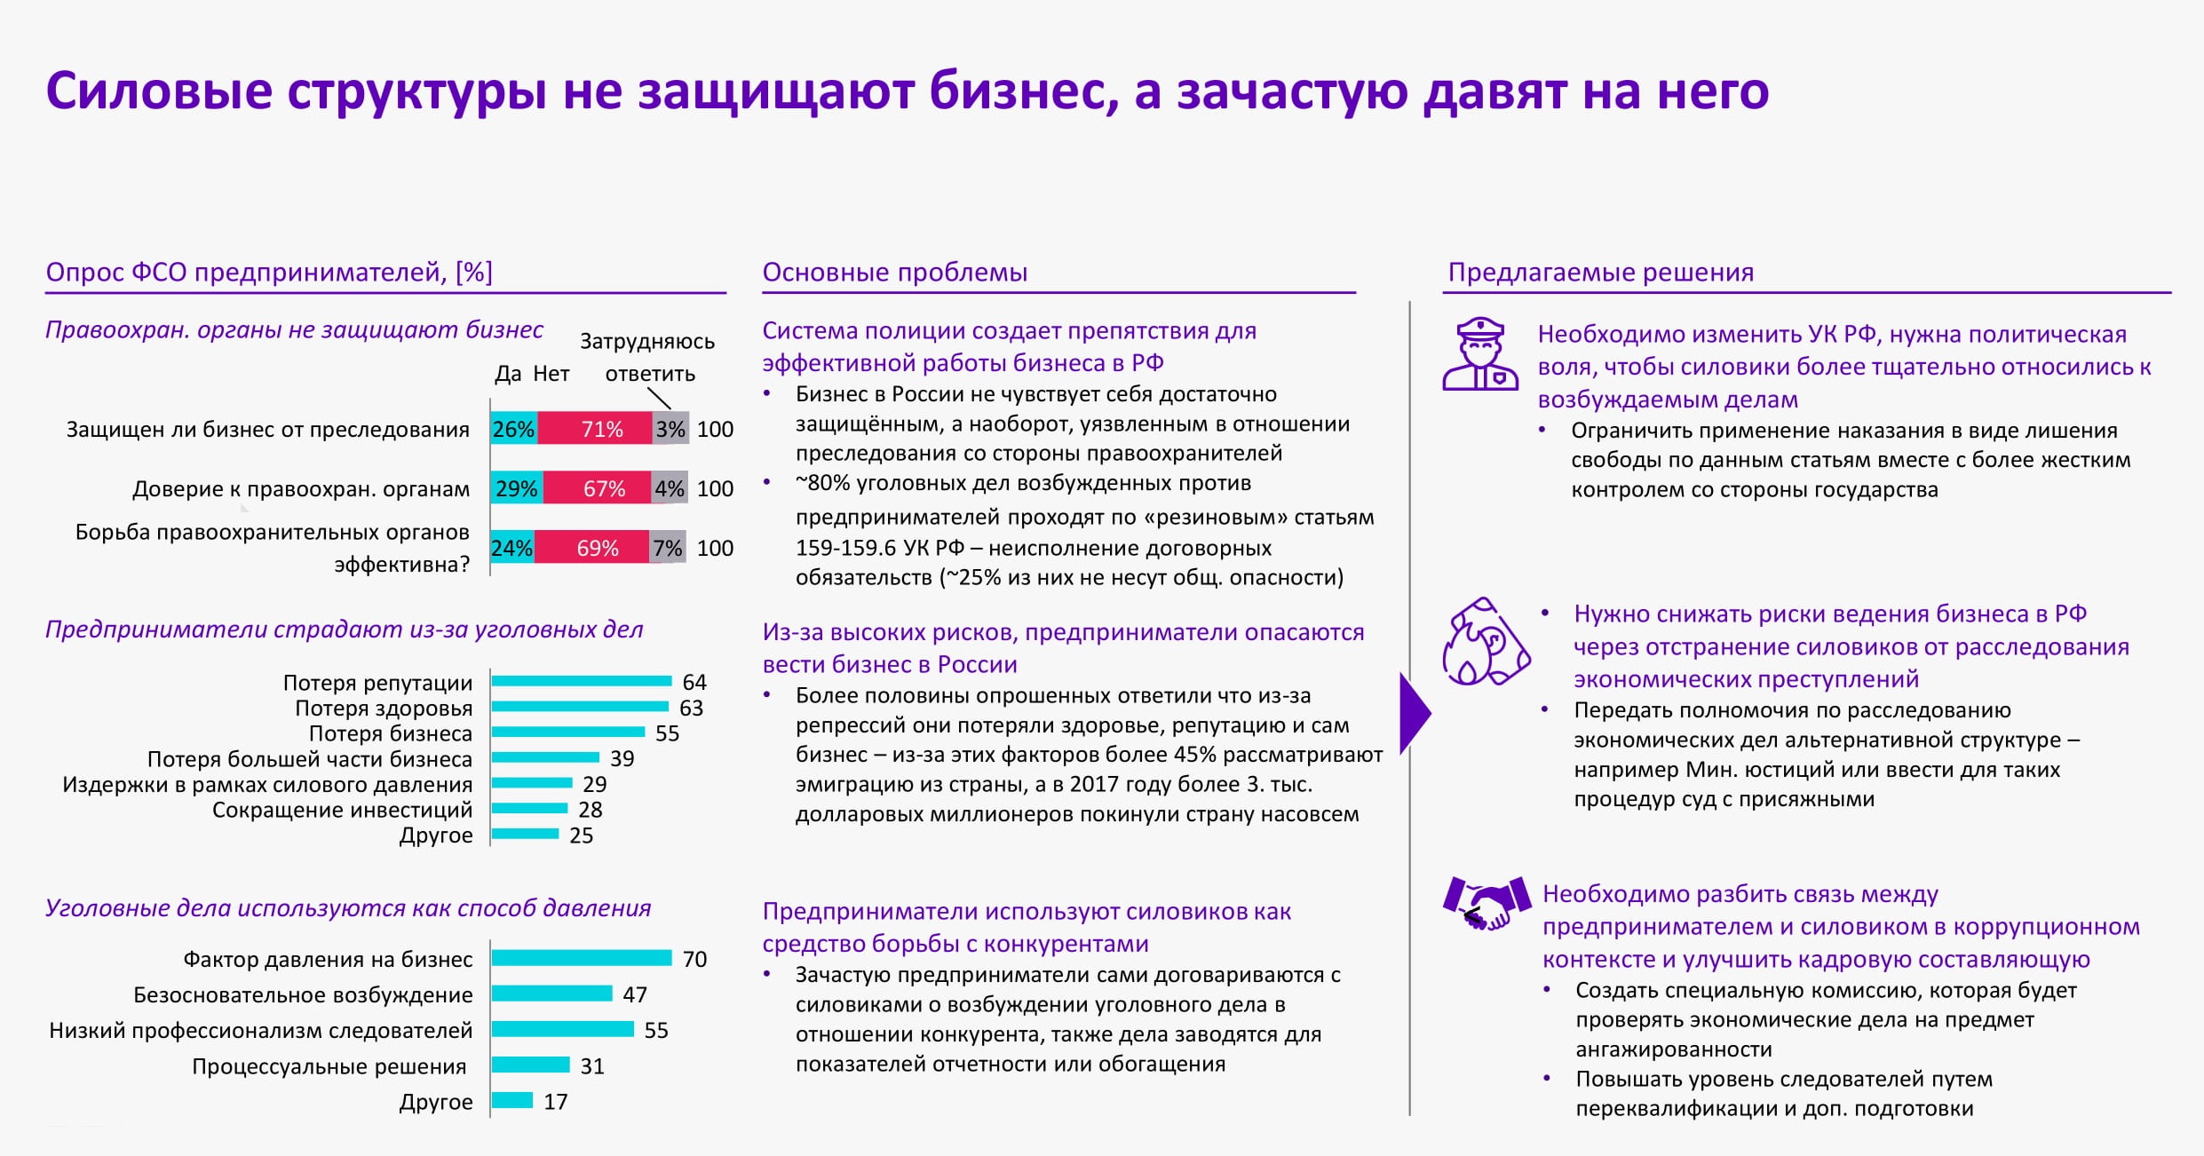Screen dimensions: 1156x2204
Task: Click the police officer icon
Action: tap(1480, 354)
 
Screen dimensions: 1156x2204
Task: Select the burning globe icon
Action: tap(1486, 641)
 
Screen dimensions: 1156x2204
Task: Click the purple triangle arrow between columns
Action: tap(1414, 713)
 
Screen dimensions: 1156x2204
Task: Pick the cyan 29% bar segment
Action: tap(517, 488)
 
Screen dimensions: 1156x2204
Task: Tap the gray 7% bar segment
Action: tap(668, 548)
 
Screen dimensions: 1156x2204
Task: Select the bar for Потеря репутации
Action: tap(582, 681)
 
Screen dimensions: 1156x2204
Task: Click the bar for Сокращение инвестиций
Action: tap(529, 808)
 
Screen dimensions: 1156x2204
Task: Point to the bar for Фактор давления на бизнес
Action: tap(582, 958)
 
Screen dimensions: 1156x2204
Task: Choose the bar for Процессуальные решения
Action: tap(530, 1065)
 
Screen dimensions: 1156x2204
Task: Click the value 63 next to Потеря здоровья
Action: tap(691, 708)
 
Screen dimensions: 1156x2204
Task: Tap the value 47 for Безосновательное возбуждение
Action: tap(634, 994)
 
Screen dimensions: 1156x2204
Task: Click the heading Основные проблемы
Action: tap(894, 272)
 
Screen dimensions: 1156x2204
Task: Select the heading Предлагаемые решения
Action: tap(1600, 272)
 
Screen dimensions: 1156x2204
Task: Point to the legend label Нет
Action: tap(551, 374)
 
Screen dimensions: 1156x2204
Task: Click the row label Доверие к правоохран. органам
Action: tap(301, 489)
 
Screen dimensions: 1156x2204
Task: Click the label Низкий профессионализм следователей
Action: tap(260, 1031)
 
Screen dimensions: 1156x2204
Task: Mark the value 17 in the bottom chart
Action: tap(555, 1102)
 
